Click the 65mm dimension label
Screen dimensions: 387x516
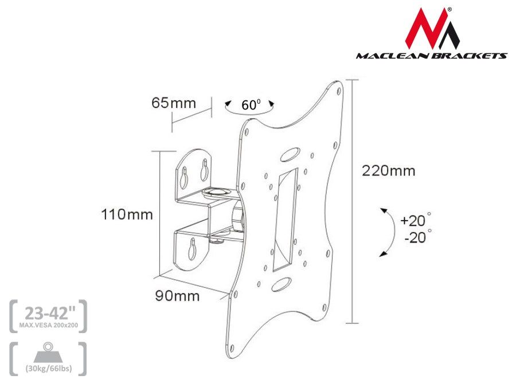173,103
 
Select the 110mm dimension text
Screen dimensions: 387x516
127,215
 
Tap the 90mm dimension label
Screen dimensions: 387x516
177,296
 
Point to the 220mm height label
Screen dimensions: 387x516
388,170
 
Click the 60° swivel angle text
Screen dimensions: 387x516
251,105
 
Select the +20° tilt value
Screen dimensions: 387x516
415,221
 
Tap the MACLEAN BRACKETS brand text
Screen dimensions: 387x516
431,56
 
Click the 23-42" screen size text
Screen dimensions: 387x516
48,312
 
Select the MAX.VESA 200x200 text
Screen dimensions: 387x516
48,325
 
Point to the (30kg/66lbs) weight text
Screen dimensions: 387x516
48,368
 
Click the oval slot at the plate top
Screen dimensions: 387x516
290,155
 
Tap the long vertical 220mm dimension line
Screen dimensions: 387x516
352,201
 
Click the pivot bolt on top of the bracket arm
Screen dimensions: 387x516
218,189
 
